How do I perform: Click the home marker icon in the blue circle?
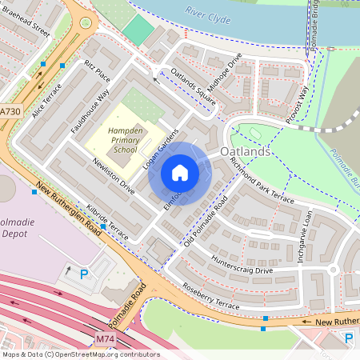coord(180,173)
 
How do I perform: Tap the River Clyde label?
coord(207,12)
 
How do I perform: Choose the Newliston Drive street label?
coord(113,175)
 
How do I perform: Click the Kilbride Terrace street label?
coord(107,216)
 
